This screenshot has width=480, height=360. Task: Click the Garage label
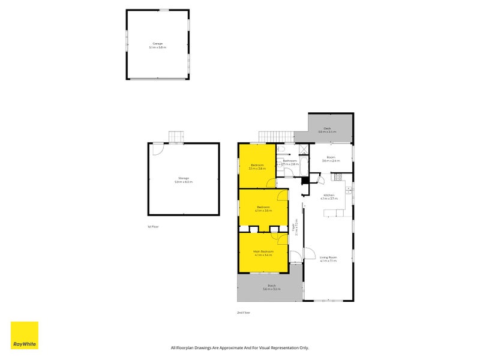(157, 46)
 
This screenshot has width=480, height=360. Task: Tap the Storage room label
(184, 179)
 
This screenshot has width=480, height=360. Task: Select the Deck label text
(328, 129)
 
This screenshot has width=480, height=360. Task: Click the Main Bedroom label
(263, 253)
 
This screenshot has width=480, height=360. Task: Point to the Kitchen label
(329, 197)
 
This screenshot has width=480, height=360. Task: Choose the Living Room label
(328, 259)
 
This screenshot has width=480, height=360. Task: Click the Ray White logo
(25, 335)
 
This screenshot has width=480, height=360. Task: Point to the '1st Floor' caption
(153, 226)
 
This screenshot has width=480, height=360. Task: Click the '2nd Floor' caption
(243, 313)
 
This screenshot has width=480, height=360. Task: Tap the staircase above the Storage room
(175, 137)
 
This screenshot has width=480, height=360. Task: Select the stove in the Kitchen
(338, 177)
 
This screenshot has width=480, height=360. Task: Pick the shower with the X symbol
(304, 151)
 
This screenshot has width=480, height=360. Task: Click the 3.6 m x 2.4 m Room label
(331, 160)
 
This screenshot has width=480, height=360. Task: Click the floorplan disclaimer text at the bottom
(240, 347)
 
